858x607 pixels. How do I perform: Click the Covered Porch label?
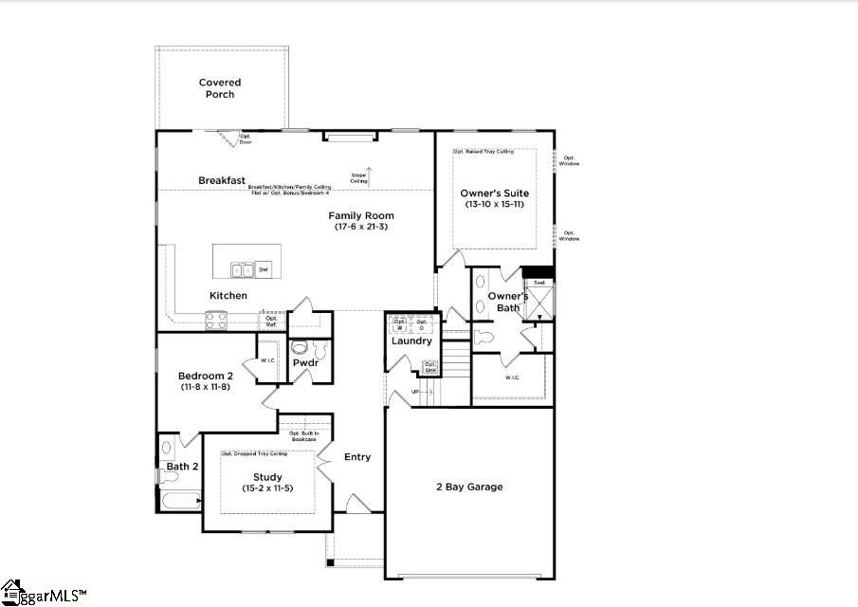(x=220, y=88)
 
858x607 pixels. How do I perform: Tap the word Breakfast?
(x=222, y=180)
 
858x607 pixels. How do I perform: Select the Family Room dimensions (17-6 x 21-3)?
(x=362, y=227)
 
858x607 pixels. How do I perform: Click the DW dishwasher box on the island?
(x=264, y=269)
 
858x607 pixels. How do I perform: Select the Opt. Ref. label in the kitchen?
(x=271, y=322)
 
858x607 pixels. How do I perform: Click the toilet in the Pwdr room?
(x=301, y=347)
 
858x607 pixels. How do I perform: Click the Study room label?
(x=267, y=477)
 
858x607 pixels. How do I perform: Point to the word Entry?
(x=357, y=457)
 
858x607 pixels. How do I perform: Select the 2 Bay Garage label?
(x=469, y=487)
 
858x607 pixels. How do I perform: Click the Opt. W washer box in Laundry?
(x=400, y=323)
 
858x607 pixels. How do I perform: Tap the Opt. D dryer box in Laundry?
(x=422, y=323)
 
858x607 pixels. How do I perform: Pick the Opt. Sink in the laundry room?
(x=430, y=367)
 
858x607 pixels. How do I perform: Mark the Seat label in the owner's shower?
(x=539, y=283)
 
